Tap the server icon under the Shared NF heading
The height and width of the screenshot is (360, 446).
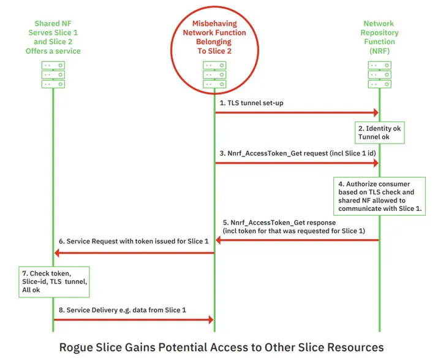[x=53, y=74]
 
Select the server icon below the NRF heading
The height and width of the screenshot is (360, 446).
[x=379, y=74]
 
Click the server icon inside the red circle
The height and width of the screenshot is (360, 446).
[x=214, y=74]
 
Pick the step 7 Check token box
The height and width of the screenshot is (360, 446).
[x=55, y=281]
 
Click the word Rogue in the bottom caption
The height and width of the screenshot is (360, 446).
[x=76, y=347]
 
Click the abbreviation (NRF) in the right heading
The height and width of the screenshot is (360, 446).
[x=379, y=51]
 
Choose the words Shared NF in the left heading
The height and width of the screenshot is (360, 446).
[x=53, y=23]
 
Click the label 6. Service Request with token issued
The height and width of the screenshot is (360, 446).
[x=132, y=242]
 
